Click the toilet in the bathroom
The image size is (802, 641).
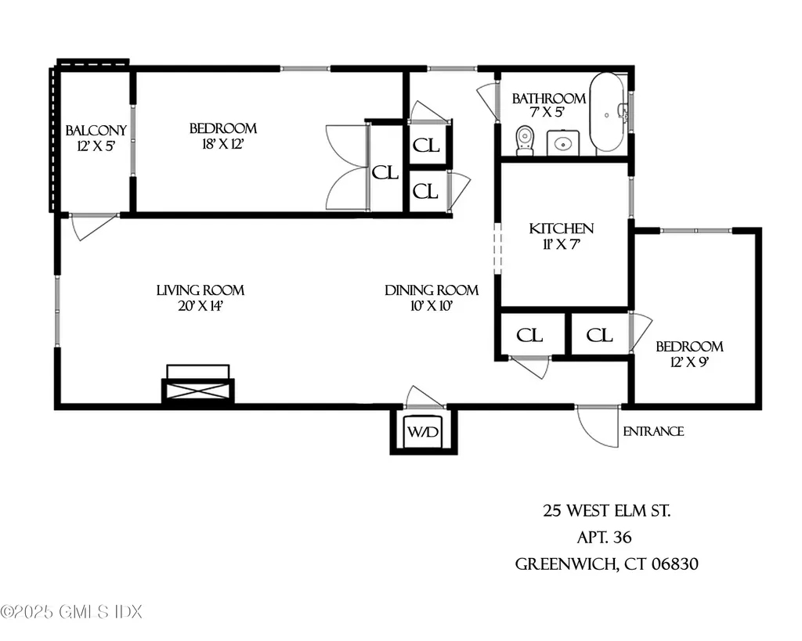pos(525,141)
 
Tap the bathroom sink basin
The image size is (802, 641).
pos(562,143)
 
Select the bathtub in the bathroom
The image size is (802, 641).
pos(607,112)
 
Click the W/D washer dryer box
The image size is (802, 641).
pos(424,432)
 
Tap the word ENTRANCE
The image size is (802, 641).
pos(653,431)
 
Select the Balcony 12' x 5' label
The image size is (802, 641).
pos(96,138)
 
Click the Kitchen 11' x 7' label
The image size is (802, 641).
pos(561,236)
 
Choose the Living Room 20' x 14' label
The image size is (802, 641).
pos(200,298)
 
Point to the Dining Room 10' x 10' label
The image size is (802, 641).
pos(432,298)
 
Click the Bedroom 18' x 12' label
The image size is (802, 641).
pos(222,136)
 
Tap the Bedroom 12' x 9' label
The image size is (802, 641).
pos(689,355)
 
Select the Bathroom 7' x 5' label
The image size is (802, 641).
pos(548,106)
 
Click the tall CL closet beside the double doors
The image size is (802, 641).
pos(385,173)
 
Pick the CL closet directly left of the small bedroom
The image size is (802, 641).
pos(599,335)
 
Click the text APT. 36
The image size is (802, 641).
pos(604,537)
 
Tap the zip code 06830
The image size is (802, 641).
pos(674,564)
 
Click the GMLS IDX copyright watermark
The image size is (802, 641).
pos(71,612)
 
